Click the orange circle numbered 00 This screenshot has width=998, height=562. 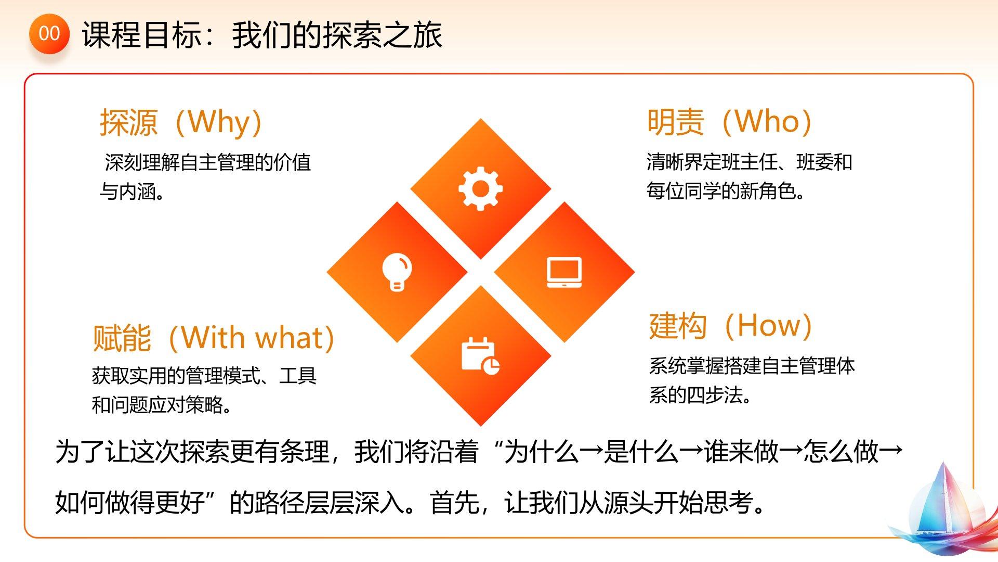point(49,34)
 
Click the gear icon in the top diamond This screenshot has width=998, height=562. point(480,188)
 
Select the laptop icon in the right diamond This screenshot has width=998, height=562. point(564,272)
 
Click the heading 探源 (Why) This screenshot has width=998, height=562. point(181,122)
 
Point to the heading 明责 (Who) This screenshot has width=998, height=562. point(729,122)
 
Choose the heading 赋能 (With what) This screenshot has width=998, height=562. point(214,338)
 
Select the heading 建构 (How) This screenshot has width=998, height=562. point(731,326)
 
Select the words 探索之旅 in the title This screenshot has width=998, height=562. point(383,35)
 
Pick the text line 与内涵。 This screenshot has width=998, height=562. point(133,191)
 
